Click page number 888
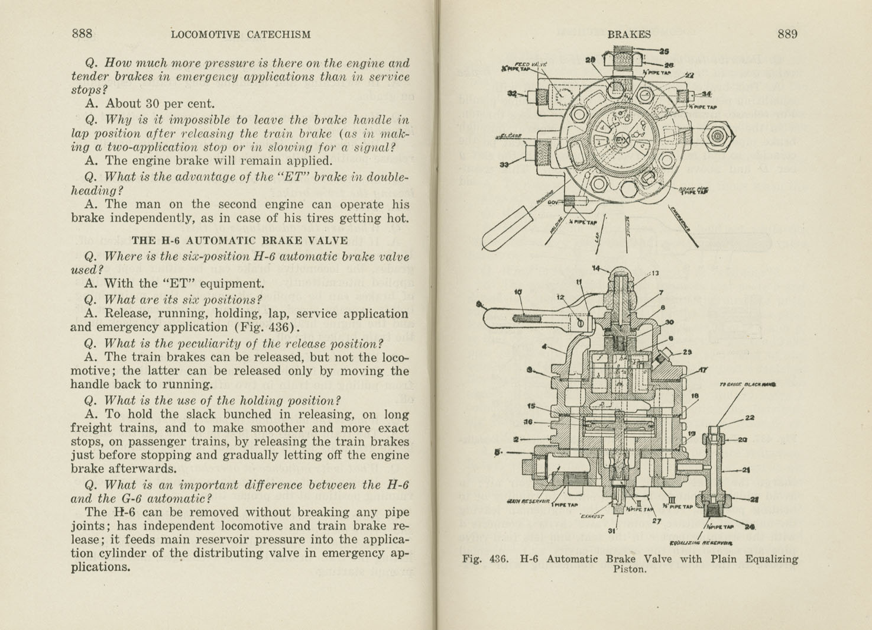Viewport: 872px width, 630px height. coord(82,34)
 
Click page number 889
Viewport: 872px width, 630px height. coord(787,34)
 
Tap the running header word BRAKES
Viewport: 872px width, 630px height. coord(628,34)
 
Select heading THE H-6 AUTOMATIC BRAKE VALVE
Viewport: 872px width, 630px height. coord(239,241)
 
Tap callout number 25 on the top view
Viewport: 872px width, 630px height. coord(664,51)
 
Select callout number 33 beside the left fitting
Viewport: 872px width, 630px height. coord(504,164)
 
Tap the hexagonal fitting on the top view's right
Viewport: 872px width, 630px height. coord(717,136)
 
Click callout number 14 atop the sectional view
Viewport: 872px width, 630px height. coord(597,268)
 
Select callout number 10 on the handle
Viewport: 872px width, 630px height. coord(518,291)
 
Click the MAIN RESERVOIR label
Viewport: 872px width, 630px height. coord(526,502)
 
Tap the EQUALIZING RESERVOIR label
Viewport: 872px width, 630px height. coord(702,543)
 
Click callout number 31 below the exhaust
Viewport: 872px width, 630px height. coord(611,530)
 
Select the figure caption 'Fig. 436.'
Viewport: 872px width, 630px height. coord(481,559)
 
